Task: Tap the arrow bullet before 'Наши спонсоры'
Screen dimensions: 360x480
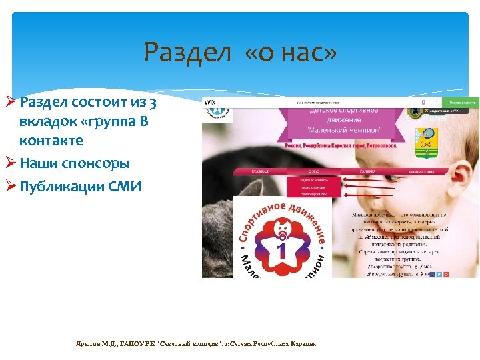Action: coord(11,163)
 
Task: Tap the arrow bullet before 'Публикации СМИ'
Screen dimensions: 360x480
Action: coord(11,186)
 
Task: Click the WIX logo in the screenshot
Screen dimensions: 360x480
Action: coord(211,102)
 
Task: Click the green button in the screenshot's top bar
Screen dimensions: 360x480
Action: coord(462,102)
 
